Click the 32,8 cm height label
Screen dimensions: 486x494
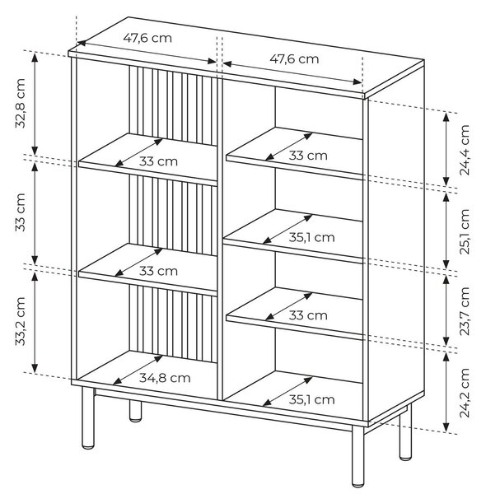click(20, 103)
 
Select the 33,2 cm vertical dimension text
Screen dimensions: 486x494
click(20, 321)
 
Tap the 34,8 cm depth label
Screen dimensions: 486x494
click(165, 378)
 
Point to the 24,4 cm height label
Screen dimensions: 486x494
click(465, 150)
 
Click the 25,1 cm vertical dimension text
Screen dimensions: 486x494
click(465, 231)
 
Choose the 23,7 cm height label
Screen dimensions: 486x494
click(465, 311)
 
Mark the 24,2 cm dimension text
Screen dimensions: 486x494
click(465, 393)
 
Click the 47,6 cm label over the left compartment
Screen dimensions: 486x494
click(147, 38)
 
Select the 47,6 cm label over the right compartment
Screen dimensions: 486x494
click(294, 59)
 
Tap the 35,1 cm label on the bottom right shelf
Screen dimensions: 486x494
click(311, 399)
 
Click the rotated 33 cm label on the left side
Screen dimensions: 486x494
click(20, 212)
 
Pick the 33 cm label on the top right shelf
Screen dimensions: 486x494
click(308, 156)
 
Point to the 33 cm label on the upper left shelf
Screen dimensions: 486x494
click(158, 161)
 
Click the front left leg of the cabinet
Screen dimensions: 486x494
click(88, 417)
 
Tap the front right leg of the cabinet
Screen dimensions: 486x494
click(358, 455)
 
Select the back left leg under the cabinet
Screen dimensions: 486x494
click(136, 411)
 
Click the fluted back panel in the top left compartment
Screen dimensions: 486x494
click(173, 105)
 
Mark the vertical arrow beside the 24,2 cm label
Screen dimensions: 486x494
click(446, 392)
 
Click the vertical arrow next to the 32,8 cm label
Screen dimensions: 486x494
click(35, 104)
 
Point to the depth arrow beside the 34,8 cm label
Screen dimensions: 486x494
click(138, 370)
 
